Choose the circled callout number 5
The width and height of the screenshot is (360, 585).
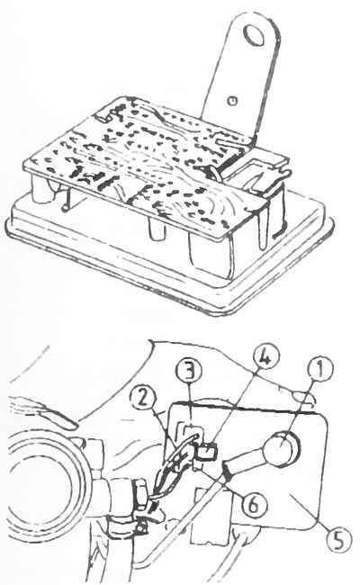pyautogui.click(x=338, y=539)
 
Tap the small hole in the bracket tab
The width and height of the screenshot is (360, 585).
pyautogui.click(x=233, y=100)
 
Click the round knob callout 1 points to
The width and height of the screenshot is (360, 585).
pyautogui.click(x=281, y=447)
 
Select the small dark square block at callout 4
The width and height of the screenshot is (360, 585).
pyautogui.click(x=207, y=452)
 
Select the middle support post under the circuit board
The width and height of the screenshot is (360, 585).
pyautogui.click(x=157, y=229)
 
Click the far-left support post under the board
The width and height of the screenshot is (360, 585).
pyautogui.click(x=40, y=190)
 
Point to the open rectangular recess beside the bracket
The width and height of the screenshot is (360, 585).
pyautogui.click(x=257, y=174)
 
